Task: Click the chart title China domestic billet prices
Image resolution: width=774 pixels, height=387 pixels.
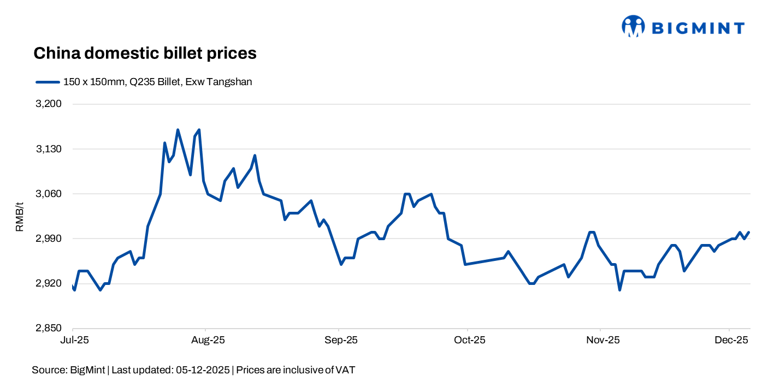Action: click(x=145, y=53)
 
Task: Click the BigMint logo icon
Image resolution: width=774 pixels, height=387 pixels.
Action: click(x=634, y=26)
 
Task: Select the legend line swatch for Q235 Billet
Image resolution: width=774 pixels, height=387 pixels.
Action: click(x=48, y=82)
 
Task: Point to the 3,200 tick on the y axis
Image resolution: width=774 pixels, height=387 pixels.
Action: click(x=49, y=104)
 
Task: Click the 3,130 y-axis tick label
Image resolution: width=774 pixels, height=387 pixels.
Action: click(x=49, y=149)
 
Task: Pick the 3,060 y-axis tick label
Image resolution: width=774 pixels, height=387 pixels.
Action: click(x=49, y=194)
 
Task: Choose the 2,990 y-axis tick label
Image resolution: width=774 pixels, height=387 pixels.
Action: click(x=49, y=239)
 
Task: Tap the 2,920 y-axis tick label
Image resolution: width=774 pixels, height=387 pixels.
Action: click(x=49, y=284)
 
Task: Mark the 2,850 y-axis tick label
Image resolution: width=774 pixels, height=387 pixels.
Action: click(x=49, y=329)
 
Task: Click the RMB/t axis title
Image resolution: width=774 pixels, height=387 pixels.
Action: click(x=20, y=216)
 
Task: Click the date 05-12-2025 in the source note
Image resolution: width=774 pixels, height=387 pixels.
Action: click(x=203, y=370)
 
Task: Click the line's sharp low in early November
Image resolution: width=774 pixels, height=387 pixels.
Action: click(x=620, y=290)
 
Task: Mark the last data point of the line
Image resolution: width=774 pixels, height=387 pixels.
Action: click(x=749, y=232)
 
